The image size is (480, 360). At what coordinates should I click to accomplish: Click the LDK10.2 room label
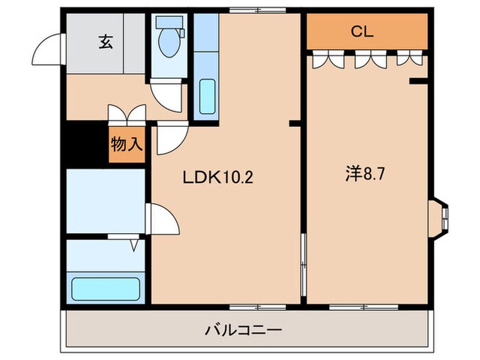coord(218,178)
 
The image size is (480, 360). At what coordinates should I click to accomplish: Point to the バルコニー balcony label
coord(243,331)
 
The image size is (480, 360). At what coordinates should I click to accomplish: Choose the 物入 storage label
coord(127,145)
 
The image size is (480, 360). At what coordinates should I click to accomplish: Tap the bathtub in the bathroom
coord(106,289)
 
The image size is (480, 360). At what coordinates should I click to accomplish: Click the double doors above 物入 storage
coord(127,113)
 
